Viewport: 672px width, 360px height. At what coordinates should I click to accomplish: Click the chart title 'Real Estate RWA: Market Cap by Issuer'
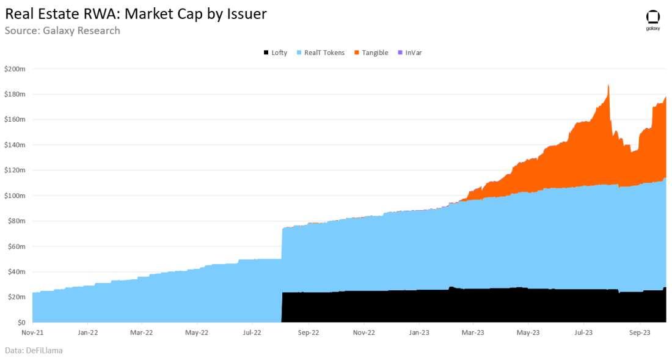coord(136,13)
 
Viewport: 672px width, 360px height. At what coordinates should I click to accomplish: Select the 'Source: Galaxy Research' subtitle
coord(62,31)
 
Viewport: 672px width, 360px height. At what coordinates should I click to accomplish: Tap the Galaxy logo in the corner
coord(652,20)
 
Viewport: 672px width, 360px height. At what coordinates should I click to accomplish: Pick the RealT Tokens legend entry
coord(320,53)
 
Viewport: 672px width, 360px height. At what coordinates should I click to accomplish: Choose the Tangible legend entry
coord(371,53)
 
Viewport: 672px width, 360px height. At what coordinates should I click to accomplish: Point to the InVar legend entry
coord(409,53)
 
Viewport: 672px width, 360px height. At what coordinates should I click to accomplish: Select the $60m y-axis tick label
coord(16,246)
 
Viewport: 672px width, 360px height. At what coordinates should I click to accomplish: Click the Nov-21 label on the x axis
coord(32,333)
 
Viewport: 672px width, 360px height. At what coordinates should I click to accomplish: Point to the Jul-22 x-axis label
coord(252,333)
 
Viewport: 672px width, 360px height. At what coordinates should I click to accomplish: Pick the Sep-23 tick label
coord(639,333)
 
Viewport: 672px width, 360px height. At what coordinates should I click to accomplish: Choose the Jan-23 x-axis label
coord(418,333)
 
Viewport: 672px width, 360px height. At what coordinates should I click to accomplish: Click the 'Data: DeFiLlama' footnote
coord(34,351)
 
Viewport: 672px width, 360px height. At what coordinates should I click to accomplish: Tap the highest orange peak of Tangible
coord(608,86)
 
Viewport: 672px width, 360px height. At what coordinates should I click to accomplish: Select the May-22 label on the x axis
coord(196,333)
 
